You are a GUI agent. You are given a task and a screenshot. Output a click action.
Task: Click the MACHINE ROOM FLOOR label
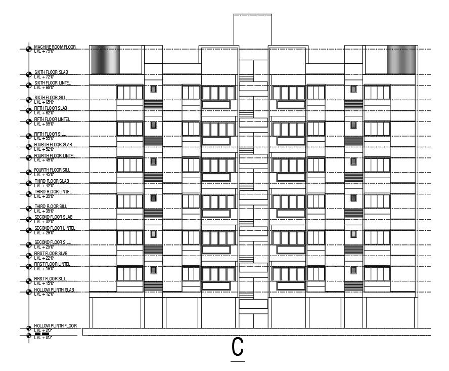(55, 47)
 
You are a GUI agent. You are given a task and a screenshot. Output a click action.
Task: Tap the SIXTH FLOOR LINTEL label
(52, 83)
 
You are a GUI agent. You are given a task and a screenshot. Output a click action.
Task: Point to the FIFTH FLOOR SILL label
(50, 134)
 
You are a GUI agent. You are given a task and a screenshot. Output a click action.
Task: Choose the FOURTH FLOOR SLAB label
(53, 145)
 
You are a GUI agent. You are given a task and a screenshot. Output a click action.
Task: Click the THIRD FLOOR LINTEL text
(53, 192)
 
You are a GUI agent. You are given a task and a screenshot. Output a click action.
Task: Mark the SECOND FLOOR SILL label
(52, 242)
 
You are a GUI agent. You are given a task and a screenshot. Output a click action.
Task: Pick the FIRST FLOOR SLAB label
(51, 253)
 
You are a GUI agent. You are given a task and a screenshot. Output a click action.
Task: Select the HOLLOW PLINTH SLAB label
(54, 290)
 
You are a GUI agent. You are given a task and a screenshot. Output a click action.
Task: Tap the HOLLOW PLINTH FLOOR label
(56, 326)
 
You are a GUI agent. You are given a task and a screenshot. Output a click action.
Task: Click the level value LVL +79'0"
(43, 51)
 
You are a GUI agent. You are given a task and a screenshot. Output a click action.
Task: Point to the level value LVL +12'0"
(43, 294)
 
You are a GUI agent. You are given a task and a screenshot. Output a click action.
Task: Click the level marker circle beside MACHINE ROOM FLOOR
(28, 49)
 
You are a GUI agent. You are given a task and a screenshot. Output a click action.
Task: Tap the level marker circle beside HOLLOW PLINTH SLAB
(28, 292)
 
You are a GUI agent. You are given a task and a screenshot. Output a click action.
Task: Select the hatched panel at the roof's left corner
(106, 60)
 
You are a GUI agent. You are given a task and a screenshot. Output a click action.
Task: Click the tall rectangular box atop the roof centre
(252, 30)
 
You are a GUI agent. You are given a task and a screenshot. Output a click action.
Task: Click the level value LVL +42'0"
(43, 185)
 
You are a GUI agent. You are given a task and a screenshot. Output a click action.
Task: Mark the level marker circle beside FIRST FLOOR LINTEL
(28, 266)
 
